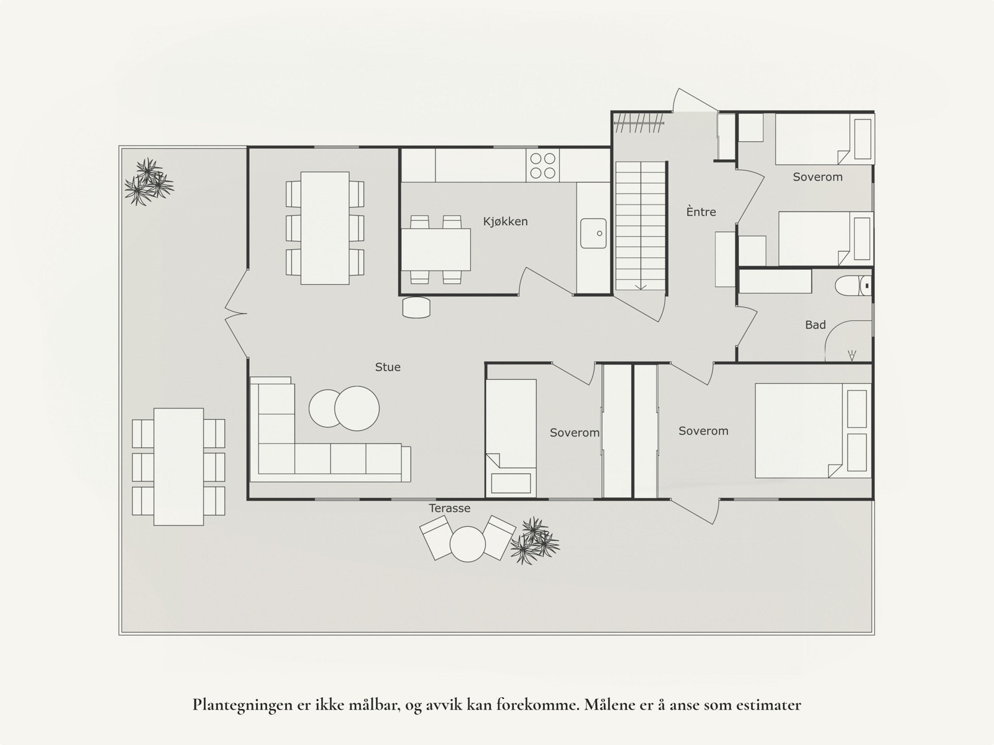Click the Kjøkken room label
point(506,221)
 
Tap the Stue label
point(388,367)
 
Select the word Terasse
point(449,508)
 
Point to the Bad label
point(815,325)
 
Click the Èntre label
point(701,212)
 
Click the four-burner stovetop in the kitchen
point(542,165)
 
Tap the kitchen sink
point(593,233)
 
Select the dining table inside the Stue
point(325,228)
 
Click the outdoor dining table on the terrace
point(178,466)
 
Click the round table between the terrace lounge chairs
point(467,544)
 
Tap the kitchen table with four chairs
point(435,249)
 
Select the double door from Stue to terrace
point(237,313)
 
